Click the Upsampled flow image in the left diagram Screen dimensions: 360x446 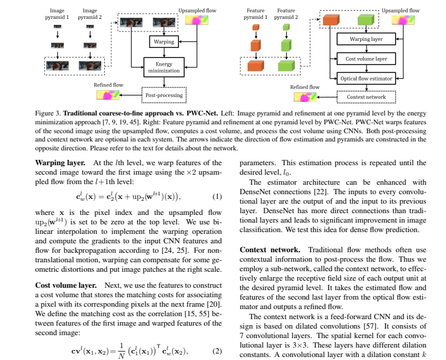pos(197,20)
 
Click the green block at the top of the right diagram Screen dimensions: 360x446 pos(365,21)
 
